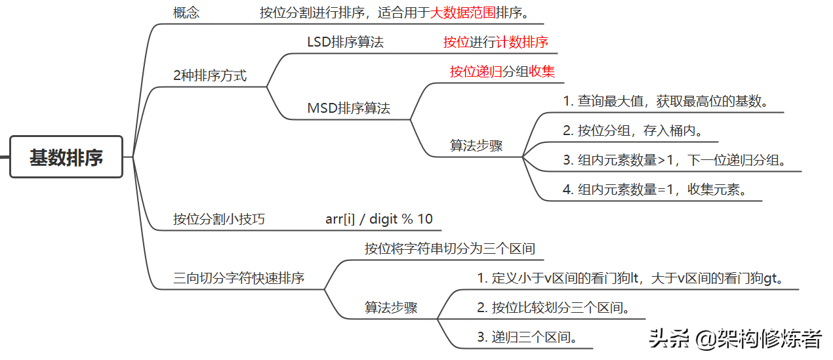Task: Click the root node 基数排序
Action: [x=66, y=157]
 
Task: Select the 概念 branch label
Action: [x=186, y=12]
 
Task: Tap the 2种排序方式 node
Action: [x=210, y=75]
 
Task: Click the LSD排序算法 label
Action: [x=345, y=43]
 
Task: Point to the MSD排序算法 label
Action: [x=348, y=108]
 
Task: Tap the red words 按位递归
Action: [x=476, y=71]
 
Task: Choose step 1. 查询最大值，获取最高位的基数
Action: [x=665, y=102]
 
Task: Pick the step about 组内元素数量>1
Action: [x=674, y=160]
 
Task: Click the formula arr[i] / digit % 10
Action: [x=379, y=219]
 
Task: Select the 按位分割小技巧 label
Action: [x=219, y=219]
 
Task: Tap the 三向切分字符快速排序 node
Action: [x=239, y=278]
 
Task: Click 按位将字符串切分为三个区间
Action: [x=450, y=249]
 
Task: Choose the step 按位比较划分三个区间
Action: [x=553, y=308]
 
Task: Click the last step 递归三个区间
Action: [x=527, y=338]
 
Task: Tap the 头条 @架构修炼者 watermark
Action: [x=735, y=338]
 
